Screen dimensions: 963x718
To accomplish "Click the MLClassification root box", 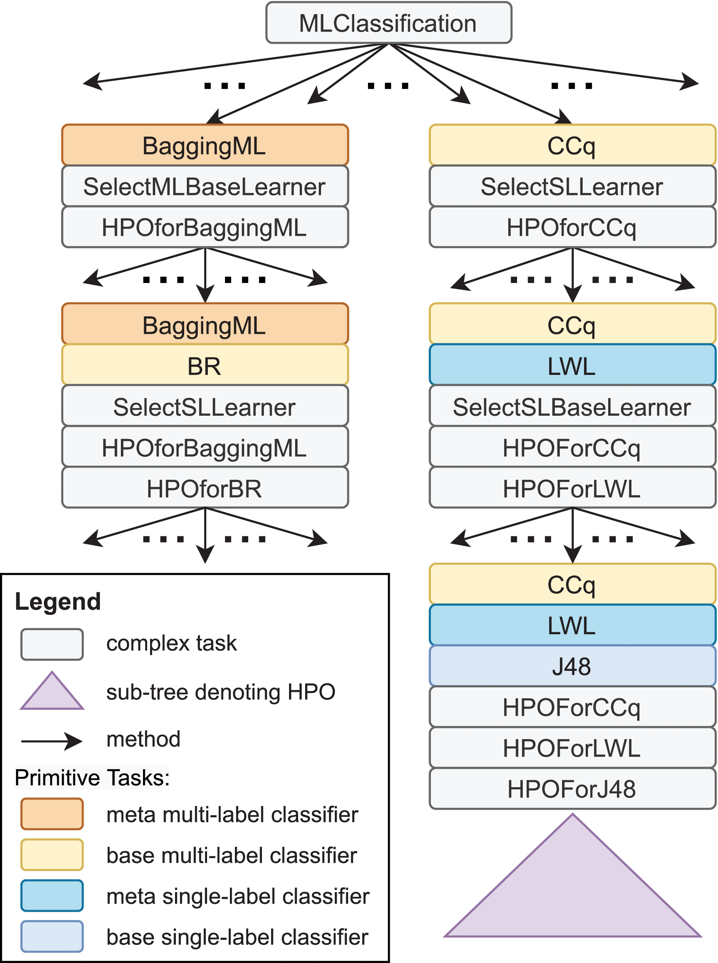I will [389, 23].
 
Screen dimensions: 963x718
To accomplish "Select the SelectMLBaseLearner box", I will [205, 186].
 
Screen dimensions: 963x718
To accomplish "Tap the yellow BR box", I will [205, 366].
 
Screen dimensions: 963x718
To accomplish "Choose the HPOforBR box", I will [205, 489].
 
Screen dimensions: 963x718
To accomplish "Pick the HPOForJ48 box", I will [572, 789].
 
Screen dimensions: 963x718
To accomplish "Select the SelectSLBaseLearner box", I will [572, 407].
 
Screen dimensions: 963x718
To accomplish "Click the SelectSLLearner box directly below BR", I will [205, 407].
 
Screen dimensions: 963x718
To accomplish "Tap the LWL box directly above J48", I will [572, 625].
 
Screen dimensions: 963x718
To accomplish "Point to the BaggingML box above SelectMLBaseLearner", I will [205, 146].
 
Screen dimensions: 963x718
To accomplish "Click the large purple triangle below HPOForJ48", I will [572, 891].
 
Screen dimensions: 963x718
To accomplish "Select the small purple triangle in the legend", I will [52, 694].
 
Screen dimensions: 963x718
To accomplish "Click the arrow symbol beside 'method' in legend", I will [52, 741].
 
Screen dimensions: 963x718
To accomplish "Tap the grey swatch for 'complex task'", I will [52, 644].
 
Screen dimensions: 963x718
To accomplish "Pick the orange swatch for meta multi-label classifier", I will [52, 814].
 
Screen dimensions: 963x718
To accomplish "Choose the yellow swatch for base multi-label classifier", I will [52, 855].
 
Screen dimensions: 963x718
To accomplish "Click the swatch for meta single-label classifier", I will [52, 895].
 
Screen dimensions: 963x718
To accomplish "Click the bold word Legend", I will [58, 602].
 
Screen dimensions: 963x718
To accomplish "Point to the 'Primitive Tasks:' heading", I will [92, 778].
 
